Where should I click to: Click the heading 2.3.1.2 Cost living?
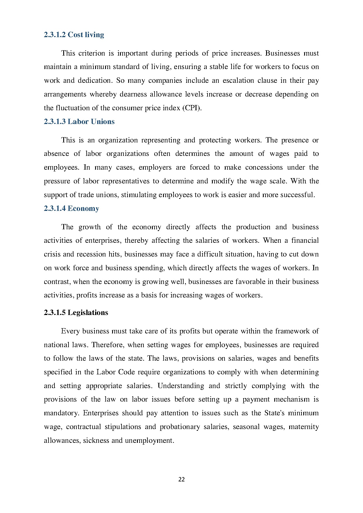click(74, 35)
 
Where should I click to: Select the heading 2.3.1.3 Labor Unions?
click(79, 122)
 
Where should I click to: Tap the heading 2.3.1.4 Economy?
click(71, 209)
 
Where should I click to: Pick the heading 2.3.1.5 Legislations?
click(76, 313)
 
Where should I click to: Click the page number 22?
click(181, 480)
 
